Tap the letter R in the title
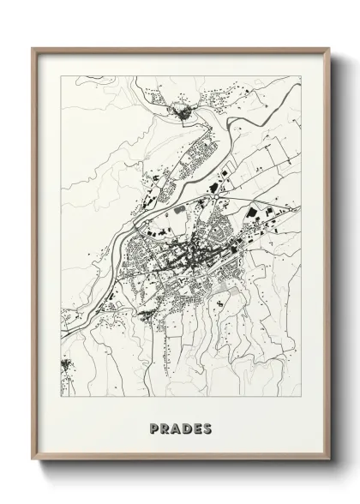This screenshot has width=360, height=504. (x=165, y=427)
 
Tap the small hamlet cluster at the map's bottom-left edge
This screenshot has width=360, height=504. (x=65, y=367)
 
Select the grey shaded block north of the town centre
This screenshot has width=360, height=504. (x=179, y=209)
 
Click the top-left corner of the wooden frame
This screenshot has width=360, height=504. (x=33, y=49)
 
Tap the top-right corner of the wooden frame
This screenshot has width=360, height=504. (x=330, y=49)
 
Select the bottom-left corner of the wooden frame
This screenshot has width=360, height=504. (x=33, y=461)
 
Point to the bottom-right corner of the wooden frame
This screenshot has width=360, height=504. (x=330, y=461)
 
